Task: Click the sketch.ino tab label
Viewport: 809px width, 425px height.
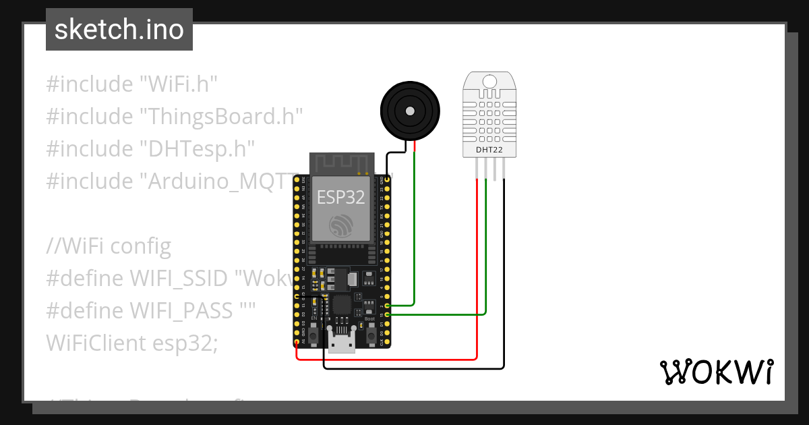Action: (119, 30)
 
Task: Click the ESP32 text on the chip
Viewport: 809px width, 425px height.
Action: (341, 197)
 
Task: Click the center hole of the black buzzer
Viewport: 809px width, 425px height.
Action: (409, 109)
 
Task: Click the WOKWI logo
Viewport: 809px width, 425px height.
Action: (715, 372)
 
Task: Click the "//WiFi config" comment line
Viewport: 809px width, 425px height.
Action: (109, 246)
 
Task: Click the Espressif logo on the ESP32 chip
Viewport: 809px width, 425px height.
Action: (340, 225)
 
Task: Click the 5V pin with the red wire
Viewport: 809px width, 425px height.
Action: (297, 343)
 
